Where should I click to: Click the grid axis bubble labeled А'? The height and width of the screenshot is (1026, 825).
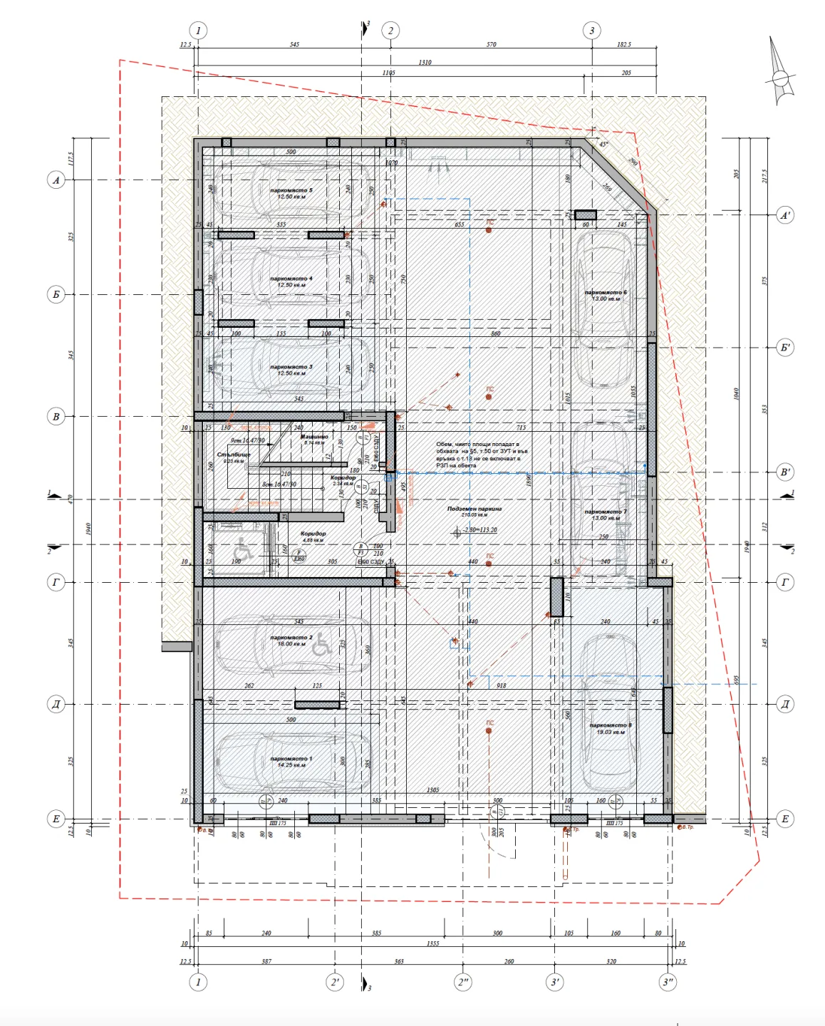(784, 215)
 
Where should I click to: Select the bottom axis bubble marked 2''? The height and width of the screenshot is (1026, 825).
(463, 982)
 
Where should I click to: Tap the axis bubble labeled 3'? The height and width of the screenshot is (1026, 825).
(555, 982)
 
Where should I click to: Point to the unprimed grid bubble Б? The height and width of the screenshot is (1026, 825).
(56, 294)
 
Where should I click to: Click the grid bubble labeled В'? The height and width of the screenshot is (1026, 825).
(784, 472)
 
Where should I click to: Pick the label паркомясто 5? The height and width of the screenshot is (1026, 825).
(291, 191)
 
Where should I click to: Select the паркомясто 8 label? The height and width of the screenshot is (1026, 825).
(610, 725)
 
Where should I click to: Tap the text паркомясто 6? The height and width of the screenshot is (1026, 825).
(606, 293)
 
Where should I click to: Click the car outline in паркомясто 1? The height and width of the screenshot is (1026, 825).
(292, 761)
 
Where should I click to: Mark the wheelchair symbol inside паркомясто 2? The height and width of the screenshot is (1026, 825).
(321, 644)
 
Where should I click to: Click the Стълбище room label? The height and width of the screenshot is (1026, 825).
(234, 455)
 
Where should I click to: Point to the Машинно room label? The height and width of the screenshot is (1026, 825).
(314, 437)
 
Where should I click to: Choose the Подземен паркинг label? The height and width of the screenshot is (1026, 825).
(474, 509)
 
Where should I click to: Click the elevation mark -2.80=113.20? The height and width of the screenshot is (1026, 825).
(479, 530)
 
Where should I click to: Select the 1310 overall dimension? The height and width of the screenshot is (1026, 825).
(425, 63)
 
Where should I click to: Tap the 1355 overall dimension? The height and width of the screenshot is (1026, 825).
(432, 943)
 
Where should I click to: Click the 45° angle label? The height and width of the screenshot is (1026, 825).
(604, 145)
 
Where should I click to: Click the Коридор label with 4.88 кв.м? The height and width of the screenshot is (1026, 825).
(313, 534)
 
